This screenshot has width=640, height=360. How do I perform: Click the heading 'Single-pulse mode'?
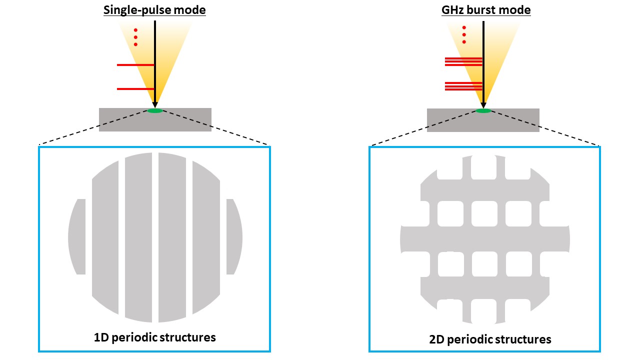coord(154,10)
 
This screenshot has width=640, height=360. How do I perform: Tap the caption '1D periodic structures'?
coord(154,337)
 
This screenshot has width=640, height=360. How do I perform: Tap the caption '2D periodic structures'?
coord(490,339)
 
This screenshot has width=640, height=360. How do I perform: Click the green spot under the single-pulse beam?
coord(155,110)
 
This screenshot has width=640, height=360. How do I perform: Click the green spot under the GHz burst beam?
coord(483,110)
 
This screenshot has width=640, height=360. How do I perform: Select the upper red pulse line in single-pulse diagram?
coord(135,65)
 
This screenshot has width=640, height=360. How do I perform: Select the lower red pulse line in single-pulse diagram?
coord(135,89)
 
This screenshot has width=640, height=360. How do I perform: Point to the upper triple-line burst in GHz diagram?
coord(463,61)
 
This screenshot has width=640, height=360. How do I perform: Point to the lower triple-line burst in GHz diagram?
coord(463,86)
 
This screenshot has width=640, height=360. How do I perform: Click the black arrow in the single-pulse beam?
coord(155,60)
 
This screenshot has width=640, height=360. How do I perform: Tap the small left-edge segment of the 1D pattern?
coord(77,236)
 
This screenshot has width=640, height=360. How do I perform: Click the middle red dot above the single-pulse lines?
coord(135,37)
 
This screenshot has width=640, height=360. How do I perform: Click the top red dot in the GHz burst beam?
coord(464,27)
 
